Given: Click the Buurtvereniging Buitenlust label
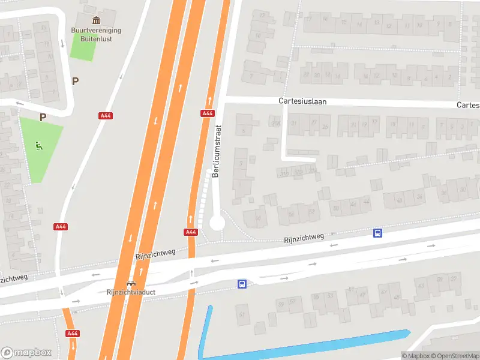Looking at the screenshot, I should coord(97,34).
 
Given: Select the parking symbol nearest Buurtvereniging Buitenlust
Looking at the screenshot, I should coord(75,81).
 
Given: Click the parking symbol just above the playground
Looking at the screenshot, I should coord(43,117).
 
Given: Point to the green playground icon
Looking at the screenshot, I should coord(39,145).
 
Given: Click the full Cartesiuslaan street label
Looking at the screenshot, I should coord(302,101).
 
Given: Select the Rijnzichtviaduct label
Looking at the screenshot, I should coord(131,293).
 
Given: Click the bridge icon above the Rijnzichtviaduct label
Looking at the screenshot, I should coord(131,283).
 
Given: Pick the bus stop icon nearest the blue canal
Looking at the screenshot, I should coord(242,284).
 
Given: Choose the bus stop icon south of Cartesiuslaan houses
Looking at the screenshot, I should coord(378,233).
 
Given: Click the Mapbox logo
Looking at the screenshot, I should coord(26,352).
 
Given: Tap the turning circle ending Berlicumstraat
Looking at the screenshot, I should coord(217,223).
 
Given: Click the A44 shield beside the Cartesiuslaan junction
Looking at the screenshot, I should coord(208,113).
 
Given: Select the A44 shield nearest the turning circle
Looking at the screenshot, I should coord(191,232).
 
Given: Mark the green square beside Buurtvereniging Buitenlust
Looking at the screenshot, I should coord(83,46).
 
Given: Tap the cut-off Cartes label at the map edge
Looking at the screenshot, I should coord(468,105).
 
